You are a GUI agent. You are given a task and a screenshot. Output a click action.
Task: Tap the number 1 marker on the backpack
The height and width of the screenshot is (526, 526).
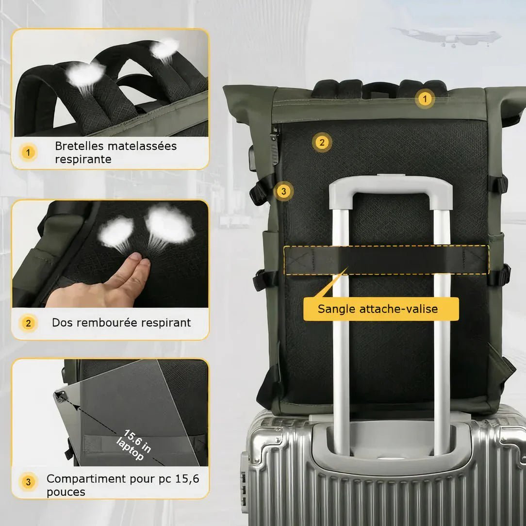(425, 99)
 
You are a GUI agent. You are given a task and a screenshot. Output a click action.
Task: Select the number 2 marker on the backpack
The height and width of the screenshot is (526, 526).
(322, 142)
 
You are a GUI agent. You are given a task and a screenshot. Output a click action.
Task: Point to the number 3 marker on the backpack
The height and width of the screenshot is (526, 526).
(283, 191)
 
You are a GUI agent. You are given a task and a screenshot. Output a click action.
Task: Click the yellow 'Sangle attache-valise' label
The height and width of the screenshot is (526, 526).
(381, 309)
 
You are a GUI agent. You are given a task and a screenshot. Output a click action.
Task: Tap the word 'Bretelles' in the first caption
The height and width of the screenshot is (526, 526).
(79, 146)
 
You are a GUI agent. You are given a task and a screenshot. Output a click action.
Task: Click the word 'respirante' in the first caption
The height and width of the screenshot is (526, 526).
(83, 159)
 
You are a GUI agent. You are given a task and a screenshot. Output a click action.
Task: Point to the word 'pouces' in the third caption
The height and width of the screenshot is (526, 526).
(66, 492)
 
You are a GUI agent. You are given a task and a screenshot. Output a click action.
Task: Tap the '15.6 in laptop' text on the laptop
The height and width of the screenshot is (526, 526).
(133, 445)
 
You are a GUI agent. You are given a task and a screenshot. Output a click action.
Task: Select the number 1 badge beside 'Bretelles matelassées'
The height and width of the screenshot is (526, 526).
(28, 153)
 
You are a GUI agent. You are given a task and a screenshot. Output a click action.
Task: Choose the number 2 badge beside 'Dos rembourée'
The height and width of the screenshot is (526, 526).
(28, 323)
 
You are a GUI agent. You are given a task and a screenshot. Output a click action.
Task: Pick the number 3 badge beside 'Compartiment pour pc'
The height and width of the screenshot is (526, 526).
(28, 482)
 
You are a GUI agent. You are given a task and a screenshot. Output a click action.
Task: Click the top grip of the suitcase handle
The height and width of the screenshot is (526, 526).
(391, 186)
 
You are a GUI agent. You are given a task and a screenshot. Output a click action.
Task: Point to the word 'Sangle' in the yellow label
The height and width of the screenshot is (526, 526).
(336, 309)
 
